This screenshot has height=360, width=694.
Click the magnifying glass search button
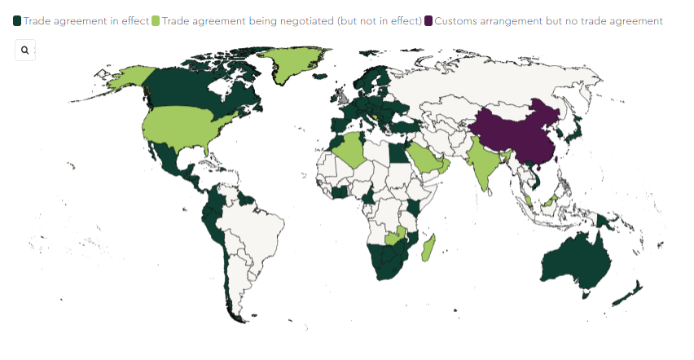coord(25,50)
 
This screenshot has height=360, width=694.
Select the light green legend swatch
coord(156,20)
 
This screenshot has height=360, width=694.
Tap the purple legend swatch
coord(428,20)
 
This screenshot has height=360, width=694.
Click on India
coord(487,163)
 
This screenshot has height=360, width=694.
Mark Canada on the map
coord(195,90)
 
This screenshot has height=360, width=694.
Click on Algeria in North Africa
coord(349,150)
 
